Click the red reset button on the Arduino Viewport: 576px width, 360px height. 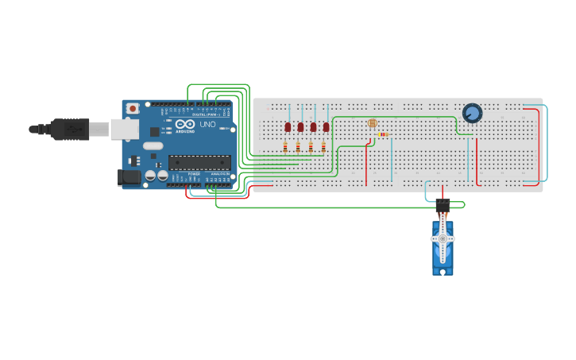133,106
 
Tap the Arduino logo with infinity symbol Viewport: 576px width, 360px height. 185,126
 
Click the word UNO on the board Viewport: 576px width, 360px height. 207,126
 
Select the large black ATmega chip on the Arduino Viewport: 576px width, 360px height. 199,162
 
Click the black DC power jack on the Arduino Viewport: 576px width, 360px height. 129,178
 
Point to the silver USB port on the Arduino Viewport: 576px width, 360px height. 122,128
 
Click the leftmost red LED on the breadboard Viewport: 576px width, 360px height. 288,126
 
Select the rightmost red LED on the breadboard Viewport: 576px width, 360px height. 326,126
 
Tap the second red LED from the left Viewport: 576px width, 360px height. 300,126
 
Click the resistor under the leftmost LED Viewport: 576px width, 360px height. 285,146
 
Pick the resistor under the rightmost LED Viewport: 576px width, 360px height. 323,146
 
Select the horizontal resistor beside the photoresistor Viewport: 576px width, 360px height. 384,135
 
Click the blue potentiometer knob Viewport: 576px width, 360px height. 472,114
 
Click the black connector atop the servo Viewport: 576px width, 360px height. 443,205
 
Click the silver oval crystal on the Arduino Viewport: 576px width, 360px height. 153,145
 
